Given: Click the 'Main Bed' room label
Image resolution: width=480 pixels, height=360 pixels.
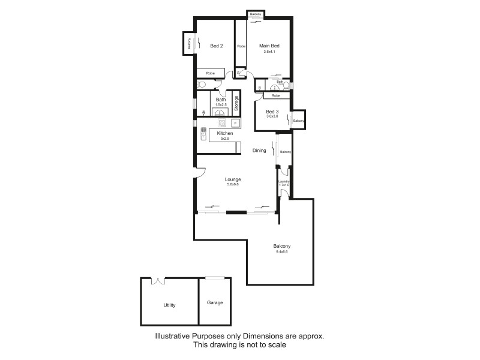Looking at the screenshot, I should [x=269, y=46].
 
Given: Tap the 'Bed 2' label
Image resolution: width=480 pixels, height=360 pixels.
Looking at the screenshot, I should [x=217, y=46].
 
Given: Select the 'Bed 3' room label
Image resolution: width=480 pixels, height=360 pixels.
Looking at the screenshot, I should [x=272, y=112].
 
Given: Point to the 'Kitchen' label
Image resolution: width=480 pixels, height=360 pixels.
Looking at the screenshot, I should [x=225, y=133].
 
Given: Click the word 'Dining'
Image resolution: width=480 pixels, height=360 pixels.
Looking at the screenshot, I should [x=259, y=151].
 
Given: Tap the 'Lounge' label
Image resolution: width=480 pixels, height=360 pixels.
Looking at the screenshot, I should [x=233, y=179].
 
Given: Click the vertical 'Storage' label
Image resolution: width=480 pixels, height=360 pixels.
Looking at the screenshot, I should [x=236, y=104].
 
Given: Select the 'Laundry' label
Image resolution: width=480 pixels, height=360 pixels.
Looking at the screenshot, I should [x=284, y=181].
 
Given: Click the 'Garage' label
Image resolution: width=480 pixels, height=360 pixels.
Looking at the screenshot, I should [x=214, y=302].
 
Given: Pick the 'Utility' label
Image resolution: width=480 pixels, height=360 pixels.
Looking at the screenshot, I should [x=170, y=305].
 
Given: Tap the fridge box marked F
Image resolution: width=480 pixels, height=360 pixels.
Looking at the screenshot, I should [x=235, y=123].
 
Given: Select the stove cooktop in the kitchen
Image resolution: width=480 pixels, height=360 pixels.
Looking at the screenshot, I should [x=221, y=123].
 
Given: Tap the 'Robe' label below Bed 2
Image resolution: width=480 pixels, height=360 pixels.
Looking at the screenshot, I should [x=210, y=73].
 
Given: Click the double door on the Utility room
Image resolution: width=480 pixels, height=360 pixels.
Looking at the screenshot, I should [x=158, y=281].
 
